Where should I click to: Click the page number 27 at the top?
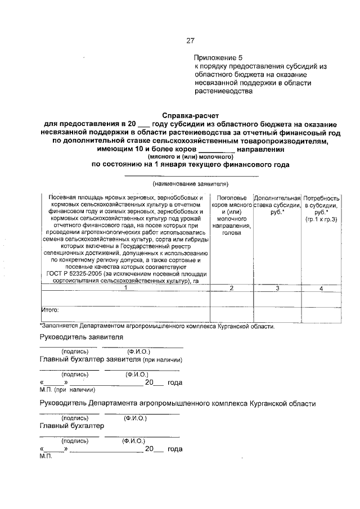(190, 40)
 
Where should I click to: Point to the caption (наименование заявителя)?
(191, 184)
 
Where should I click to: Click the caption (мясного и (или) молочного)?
(191, 157)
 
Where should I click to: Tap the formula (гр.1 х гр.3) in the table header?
(321, 219)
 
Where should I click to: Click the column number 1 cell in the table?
(125, 288)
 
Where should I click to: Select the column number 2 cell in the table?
(231, 288)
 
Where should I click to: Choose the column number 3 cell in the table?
(276, 288)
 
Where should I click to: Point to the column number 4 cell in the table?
(321, 288)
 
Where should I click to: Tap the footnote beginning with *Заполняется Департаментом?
(157, 326)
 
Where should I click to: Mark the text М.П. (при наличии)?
(67, 389)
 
